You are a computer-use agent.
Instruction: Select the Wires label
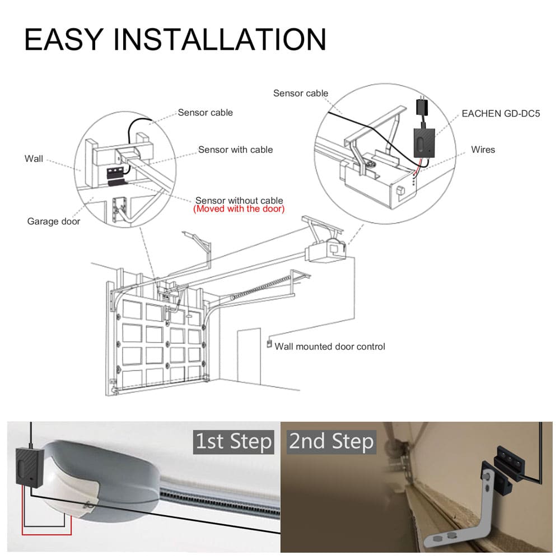[483, 150]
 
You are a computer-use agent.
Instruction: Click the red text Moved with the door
[239, 209]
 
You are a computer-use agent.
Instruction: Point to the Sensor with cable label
[235, 150]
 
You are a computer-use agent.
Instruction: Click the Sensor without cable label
[239, 200]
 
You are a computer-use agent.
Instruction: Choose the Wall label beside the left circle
[34, 158]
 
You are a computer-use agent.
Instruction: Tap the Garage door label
[54, 221]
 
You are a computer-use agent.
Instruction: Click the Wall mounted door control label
[330, 347]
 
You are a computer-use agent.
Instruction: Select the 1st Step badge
[234, 441]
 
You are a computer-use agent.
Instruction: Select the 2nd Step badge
[331, 441]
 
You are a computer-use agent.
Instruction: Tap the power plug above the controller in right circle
[421, 106]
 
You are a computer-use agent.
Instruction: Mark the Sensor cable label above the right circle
[301, 93]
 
